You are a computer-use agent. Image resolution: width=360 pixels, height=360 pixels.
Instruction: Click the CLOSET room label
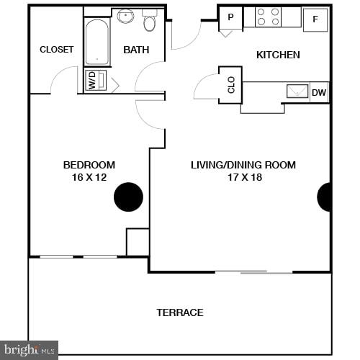[56, 49]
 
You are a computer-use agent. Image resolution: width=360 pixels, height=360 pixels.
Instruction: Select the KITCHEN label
[278, 55]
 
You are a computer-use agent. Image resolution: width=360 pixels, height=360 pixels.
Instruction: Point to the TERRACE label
[180, 312]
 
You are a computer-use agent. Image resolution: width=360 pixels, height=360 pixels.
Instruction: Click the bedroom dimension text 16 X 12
[89, 176]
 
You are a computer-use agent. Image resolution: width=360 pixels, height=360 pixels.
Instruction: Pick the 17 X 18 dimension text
[243, 176]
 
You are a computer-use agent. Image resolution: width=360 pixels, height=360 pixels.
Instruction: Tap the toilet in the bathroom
[150, 22]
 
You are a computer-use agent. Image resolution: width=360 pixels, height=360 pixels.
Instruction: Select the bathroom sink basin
[125, 16]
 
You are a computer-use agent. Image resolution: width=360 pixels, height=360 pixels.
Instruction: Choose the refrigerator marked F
[315, 19]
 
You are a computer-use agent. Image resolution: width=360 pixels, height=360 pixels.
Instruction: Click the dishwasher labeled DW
[319, 92]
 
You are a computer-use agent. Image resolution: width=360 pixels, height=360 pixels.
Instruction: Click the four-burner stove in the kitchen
[268, 17]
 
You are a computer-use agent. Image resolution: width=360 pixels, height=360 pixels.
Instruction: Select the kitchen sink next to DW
[297, 91]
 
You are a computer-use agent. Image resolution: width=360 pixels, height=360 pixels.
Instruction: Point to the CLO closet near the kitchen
[231, 86]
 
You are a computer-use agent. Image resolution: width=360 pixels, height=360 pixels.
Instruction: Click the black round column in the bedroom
[129, 197]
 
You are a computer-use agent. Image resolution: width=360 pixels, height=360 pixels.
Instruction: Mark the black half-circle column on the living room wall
[325, 197]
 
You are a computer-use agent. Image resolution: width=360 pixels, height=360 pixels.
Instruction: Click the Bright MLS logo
[29, 350]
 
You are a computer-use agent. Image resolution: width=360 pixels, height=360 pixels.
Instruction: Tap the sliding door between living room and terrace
[253, 272]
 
